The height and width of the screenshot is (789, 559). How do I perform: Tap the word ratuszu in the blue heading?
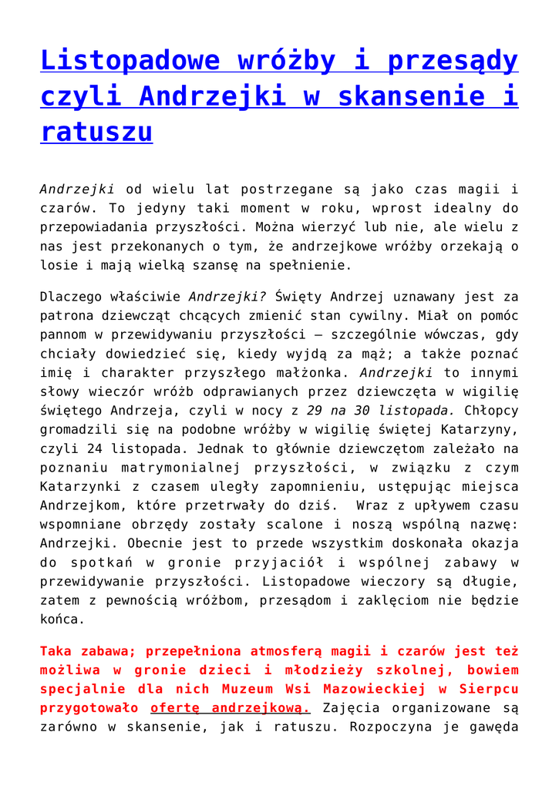coord(96,132)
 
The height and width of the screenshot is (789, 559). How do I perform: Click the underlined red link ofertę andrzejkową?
coord(231,707)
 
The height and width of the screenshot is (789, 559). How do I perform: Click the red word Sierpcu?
coord(490,689)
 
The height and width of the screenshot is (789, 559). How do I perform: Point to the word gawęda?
coord(490,727)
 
